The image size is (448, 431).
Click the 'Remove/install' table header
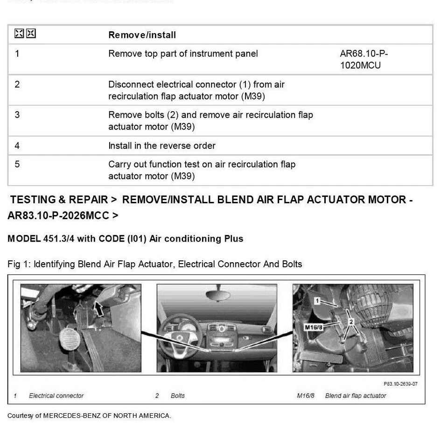pos(142,35)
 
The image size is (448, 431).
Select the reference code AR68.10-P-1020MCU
pos(364,59)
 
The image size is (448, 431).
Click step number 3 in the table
pos(17,115)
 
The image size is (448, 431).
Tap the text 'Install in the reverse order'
pos(161,146)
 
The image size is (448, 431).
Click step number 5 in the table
pos(17,164)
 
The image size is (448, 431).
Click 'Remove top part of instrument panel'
pos(183,54)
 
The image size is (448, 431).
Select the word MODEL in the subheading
pos(23,239)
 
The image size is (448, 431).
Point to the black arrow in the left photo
pos(98,308)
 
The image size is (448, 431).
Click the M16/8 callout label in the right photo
pos(314,327)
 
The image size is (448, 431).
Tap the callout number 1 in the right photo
pos(317,301)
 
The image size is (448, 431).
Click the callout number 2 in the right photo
pos(351,322)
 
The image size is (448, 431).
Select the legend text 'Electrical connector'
pos(56,396)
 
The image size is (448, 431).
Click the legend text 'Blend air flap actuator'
pos(356,396)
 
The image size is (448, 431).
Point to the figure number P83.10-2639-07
pos(400,384)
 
